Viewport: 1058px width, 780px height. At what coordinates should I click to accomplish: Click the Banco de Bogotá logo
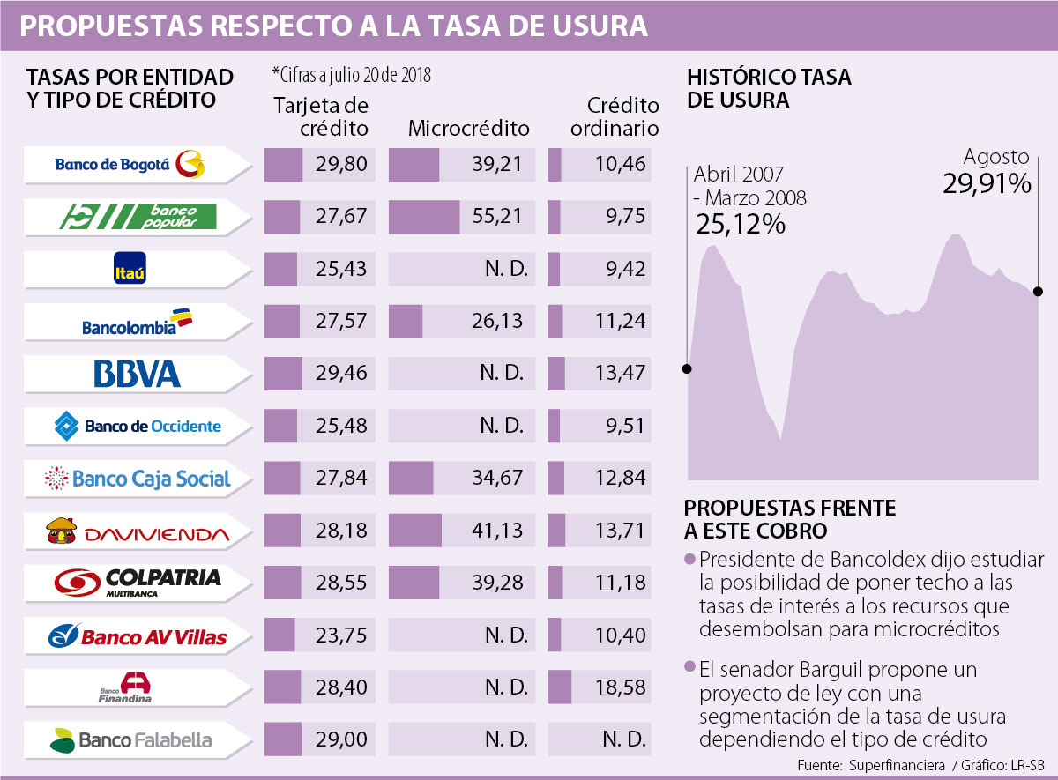click(129, 164)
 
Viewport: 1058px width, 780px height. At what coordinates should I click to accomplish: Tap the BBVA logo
click(137, 374)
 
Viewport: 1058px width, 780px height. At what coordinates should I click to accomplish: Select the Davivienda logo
click(137, 531)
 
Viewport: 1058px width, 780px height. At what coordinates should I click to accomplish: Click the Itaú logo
click(129, 270)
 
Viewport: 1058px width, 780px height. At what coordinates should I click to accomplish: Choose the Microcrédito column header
click(469, 129)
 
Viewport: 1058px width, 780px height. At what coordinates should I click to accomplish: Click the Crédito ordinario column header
click(615, 116)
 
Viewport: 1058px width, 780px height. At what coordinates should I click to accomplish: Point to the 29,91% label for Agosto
click(986, 184)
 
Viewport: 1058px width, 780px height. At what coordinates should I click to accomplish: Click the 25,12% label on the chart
click(741, 224)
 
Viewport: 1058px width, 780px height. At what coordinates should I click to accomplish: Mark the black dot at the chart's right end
click(1038, 291)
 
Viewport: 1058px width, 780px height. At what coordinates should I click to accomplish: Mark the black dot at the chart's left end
click(687, 369)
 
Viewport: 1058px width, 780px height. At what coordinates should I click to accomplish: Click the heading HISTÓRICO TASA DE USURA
click(769, 88)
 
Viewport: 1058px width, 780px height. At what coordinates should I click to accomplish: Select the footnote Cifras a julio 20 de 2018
click(352, 74)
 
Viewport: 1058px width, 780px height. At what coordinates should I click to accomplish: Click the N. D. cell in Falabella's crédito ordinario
click(622, 739)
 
